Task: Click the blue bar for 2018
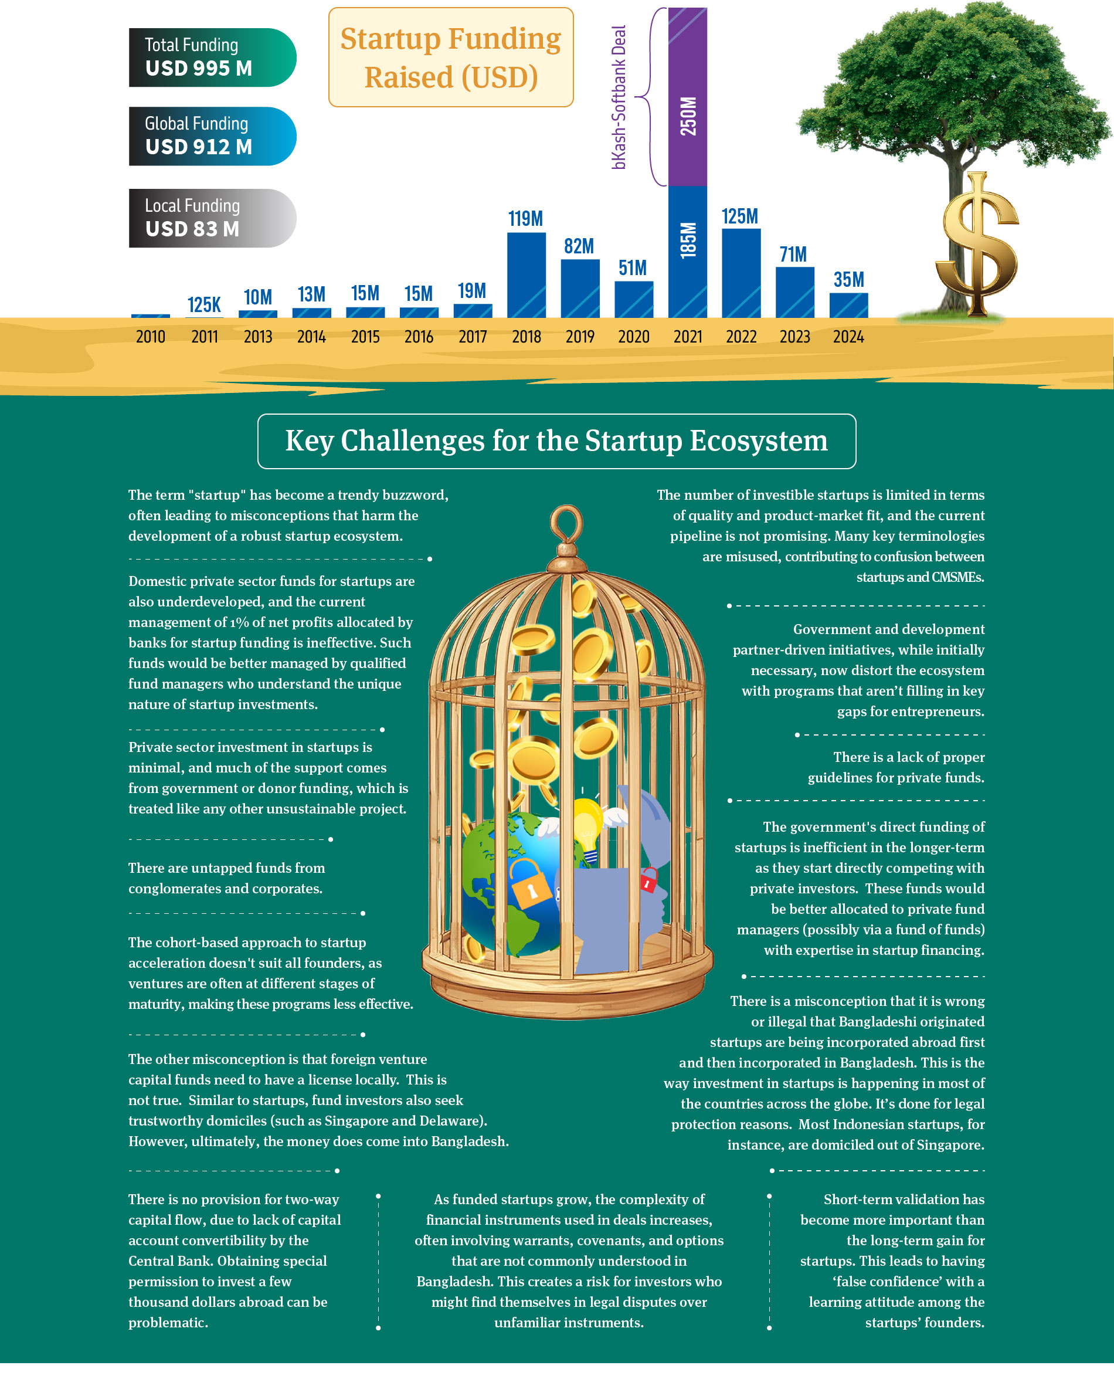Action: (x=527, y=275)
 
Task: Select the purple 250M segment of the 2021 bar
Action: (x=687, y=97)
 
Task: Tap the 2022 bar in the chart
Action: (x=741, y=273)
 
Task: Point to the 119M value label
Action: (x=525, y=219)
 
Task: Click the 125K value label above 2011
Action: (x=204, y=305)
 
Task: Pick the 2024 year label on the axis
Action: (x=848, y=337)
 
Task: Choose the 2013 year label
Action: (x=257, y=337)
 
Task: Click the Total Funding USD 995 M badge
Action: (x=212, y=57)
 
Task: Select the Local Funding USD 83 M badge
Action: (x=212, y=218)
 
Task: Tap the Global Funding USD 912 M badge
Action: (x=212, y=136)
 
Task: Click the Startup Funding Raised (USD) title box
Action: (x=450, y=57)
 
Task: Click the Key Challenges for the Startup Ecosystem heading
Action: (x=556, y=441)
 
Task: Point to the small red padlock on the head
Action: (x=648, y=880)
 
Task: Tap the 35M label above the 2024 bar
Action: (x=848, y=280)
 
